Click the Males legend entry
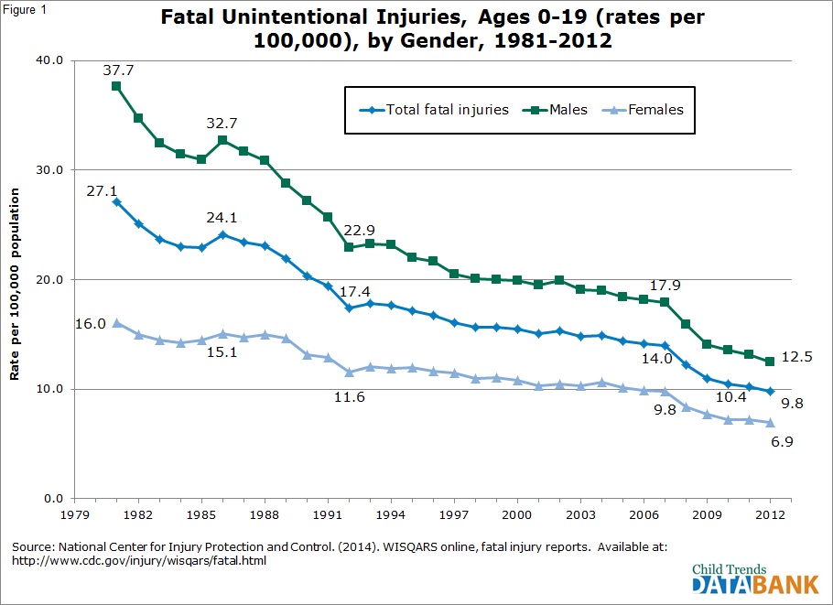[555, 110]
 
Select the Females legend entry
[643, 110]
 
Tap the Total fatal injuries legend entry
[434, 110]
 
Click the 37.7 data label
[118, 70]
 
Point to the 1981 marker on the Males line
[116, 86]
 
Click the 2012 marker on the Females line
[771, 423]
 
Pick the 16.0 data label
[91, 323]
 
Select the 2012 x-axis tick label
[771, 514]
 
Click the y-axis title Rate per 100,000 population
[15, 284]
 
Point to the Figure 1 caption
[25, 9]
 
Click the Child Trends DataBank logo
[755, 578]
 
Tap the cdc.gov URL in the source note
[139, 561]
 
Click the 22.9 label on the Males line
[359, 230]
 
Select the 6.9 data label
[782, 441]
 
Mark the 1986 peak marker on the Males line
[222, 140]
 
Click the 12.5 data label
[797, 356]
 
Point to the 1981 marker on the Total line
[116, 202]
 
